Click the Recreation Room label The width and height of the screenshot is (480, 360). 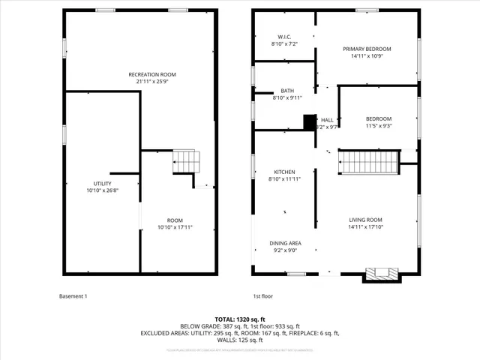[151, 74]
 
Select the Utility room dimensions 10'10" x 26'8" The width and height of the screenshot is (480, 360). [102, 190]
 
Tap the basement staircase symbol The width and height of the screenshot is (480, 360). [189, 160]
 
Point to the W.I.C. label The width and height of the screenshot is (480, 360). [284, 37]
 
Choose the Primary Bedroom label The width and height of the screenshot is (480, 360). [367, 49]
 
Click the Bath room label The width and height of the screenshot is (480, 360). [287, 90]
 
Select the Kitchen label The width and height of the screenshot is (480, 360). [284, 172]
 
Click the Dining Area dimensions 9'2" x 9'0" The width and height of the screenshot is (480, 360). [285, 250]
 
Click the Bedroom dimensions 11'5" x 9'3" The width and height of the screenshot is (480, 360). [378, 126]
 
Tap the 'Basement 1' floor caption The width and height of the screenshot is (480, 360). [73, 296]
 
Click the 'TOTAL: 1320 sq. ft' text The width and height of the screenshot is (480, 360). [239, 319]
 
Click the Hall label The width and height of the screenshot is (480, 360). [328, 119]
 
